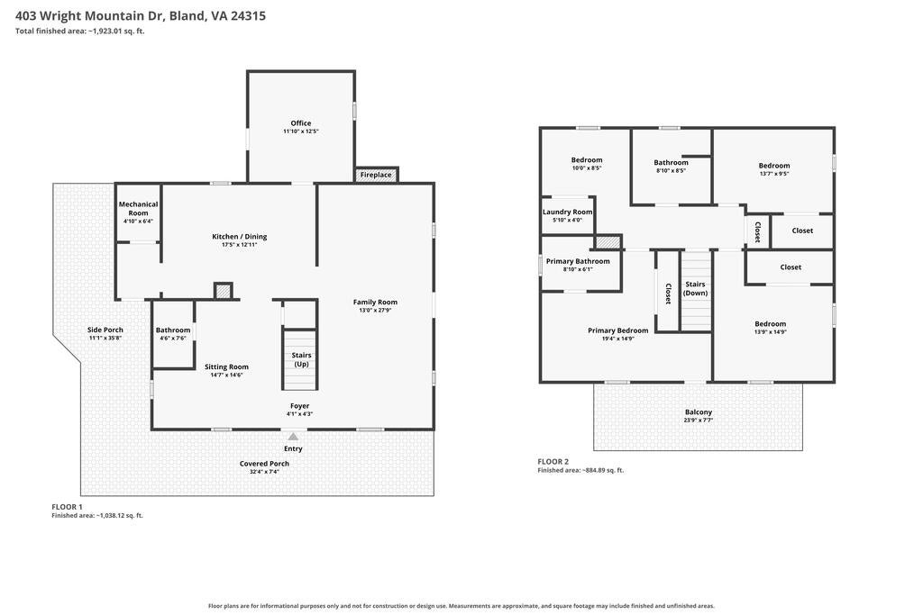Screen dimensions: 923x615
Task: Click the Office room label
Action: tap(301, 122)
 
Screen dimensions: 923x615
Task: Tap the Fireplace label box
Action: tap(376, 175)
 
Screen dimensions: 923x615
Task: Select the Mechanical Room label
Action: tap(138, 209)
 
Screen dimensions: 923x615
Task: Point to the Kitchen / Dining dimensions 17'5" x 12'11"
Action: tap(240, 245)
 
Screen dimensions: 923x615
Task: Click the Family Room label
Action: tap(375, 303)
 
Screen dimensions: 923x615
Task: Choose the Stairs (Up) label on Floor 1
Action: tap(301, 360)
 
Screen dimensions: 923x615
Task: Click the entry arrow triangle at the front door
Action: tap(293, 436)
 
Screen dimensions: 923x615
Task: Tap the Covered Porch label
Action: tap(264, 464)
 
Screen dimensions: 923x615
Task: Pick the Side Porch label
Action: tap(105, 330)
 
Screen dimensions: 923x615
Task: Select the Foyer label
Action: tap(299, 406)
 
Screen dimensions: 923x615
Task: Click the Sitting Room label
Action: tap(226, 366)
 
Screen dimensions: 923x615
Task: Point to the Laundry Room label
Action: tap(568, 213)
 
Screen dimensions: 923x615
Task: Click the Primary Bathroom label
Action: tap(578, 261)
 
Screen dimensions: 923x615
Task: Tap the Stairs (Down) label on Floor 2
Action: tap(695, 289)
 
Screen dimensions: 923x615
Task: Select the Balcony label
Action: tap(699, 412)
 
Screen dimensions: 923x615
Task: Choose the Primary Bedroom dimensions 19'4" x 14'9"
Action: tap(618, 339)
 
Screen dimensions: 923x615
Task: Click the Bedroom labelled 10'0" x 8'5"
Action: tap(587, 160)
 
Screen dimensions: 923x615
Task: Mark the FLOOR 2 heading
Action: tap(553, 462)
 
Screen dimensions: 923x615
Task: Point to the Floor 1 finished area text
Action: tap(97, 516)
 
